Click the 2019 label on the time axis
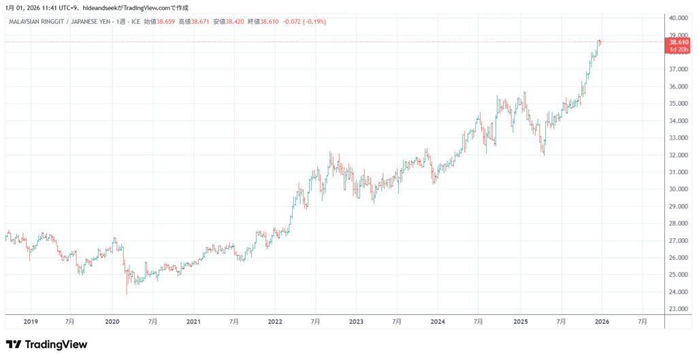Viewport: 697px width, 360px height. tap(31, 321)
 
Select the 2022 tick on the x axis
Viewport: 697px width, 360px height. tap(275, 321)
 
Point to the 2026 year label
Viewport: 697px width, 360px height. tap(601, 321)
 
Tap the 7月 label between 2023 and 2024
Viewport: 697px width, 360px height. tap(397, 321)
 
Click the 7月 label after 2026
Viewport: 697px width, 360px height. tap(642, 321)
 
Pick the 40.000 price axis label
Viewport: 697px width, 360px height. tap(680, 18)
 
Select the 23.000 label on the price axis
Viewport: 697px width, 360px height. tap(680, 309)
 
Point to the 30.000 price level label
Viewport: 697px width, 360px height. tap(680, 189)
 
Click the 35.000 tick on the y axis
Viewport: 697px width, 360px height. tap(680, 103)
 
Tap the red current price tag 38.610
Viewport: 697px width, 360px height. tap(679, 42)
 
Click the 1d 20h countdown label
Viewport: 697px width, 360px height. tap(679, 50)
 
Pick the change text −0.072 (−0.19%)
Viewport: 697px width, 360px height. tap(305, 22)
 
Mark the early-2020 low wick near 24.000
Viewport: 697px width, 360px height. tap(127, 291)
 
